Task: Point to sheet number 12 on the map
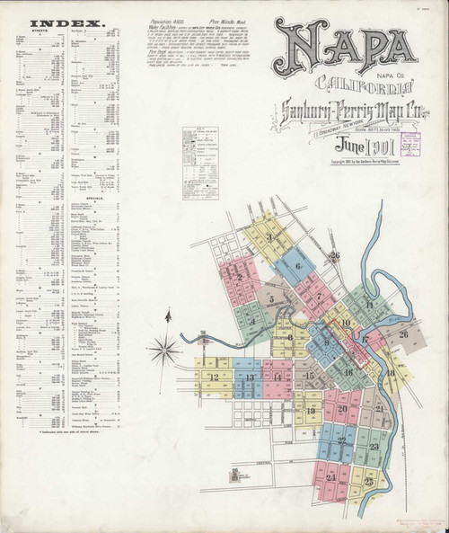(214, 377)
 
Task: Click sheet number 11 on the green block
(368, 306)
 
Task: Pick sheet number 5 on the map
(270, 297)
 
